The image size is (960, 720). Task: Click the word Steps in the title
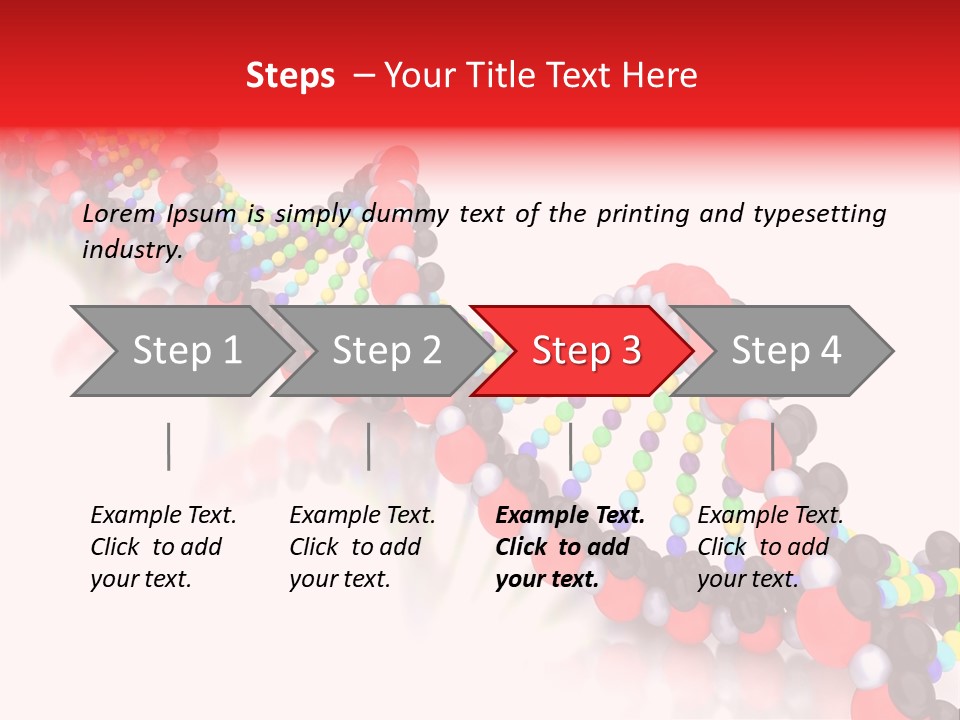(290, 76)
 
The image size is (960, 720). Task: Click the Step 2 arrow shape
(386, 351)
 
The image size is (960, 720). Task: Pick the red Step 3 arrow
(586, 351)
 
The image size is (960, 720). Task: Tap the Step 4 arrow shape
(786, 351)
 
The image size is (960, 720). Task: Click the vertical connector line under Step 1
(169, 446)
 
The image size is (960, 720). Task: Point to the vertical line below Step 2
(369, 446)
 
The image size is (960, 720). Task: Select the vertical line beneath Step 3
(571, 446)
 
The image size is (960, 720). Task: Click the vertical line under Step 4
(772, 446)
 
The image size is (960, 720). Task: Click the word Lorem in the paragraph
(119, 214)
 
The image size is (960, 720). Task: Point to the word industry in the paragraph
(132, 250)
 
